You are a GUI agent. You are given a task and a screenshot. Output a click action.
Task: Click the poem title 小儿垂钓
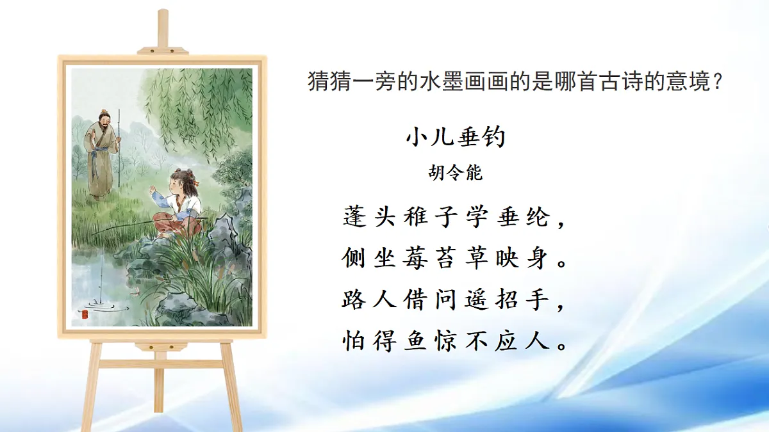click(x=456, y=137)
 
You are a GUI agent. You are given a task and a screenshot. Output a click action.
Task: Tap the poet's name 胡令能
click(x=456, y=173)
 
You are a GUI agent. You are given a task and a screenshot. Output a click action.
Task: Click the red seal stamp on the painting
click(x=83, y=314)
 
